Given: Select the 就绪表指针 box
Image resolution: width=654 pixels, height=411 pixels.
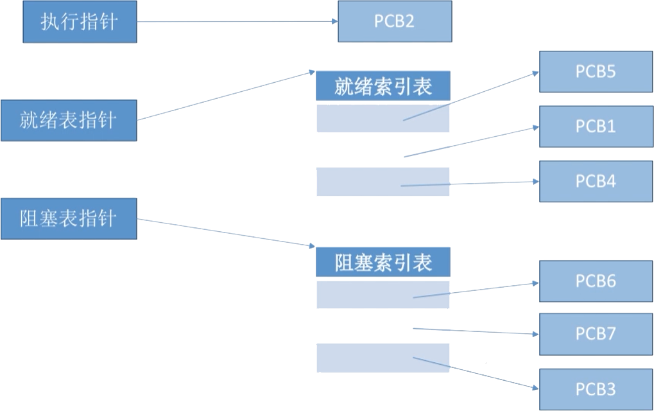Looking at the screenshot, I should pyautogui.click(x=69, y=120).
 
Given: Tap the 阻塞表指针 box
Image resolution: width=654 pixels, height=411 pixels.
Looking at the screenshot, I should pyautogui.click(x=69, y=218).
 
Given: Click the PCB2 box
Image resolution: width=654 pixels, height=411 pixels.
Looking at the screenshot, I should pyautogui.click(x=395, y=21).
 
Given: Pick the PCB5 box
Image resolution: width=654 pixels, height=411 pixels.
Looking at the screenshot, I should pyautogui.click(x=596, y=71).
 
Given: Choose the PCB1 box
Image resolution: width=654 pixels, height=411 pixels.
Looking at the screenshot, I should pyautogui.click(x=596, y=127).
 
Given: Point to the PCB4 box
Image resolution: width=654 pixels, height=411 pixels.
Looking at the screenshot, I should pyautogui.click(x=596, y=181).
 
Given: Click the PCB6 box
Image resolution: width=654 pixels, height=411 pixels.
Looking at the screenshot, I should pyautogui.click(x=596, y=281).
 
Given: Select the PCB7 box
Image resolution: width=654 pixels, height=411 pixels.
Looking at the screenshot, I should pyautogui.click(x=596, y=334).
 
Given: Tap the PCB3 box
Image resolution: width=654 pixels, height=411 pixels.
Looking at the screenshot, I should pyautogui.click(x=596, y=389).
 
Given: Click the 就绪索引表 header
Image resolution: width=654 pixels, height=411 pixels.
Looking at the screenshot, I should pyautogui.click(x=383, y=85).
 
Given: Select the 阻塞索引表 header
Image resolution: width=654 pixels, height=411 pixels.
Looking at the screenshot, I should pyautogui.click(x=383, y=262).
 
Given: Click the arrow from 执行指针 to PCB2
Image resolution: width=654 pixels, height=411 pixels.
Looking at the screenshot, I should pyautogui.click(x=237, y=21).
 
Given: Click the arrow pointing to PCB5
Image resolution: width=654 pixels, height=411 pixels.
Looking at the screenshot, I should pyautogui.click(x=472, y=96).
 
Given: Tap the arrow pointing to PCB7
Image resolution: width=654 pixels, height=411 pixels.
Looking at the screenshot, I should pyautogui.click(x=475, y=331).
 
